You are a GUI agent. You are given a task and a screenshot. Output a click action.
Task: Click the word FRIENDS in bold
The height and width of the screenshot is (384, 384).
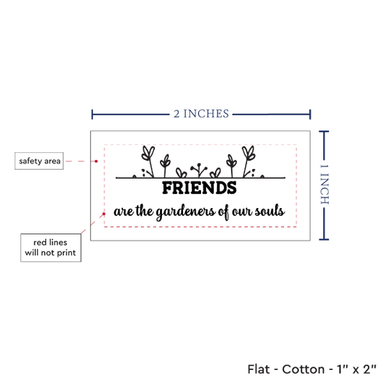tap(200, 188)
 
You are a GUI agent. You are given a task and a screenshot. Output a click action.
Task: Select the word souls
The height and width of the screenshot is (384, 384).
tap(269, 211)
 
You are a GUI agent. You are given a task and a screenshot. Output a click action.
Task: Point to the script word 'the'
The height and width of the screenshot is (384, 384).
tap(145, 211)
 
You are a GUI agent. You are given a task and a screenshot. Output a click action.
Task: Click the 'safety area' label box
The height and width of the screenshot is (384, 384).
tap(39, 161)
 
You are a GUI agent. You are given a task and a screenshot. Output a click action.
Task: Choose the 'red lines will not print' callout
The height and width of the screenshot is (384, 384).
tap(51, 248)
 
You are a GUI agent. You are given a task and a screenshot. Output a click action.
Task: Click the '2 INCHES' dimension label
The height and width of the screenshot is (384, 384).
tap(201, 114)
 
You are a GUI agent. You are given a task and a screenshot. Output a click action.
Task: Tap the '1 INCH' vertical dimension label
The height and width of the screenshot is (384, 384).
tap(325, 184)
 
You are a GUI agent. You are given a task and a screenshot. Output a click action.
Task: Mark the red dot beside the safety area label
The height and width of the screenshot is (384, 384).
tap(96, 161)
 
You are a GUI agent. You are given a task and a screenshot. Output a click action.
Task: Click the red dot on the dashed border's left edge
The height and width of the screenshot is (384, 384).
tap(104, 214)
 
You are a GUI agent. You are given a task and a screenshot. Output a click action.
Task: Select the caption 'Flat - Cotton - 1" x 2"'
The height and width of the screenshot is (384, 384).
tap(312, 369)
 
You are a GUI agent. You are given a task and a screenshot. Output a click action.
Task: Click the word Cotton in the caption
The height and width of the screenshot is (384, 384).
tap(303, 369)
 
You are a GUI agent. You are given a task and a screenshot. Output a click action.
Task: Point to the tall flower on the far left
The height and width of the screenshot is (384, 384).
tap(149, 161)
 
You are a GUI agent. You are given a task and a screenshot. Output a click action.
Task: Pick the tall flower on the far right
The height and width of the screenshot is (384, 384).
tap(248, 161)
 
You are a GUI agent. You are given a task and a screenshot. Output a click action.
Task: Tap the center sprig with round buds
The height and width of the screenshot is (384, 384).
tap(199, 170)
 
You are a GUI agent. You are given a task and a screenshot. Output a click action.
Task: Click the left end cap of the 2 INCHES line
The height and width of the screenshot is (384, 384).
tap(92, 115)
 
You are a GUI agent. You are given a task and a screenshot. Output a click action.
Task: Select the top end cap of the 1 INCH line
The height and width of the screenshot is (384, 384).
tap(324, 132)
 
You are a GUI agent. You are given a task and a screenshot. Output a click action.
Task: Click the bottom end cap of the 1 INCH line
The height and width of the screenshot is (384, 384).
tap(324, 239)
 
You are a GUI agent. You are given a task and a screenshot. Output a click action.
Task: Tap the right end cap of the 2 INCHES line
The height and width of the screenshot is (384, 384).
tap(310, 115)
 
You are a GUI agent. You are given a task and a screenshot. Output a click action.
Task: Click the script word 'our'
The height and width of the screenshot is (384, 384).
tap(242, 212)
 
